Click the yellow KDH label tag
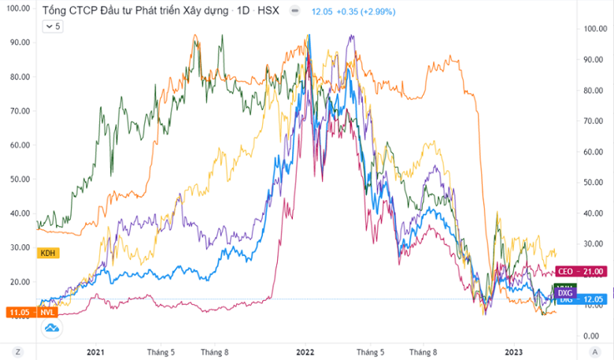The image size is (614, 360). (x=49, y=252)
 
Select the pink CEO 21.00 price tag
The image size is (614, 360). (x=580, y=272)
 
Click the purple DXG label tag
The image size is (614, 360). (x=564, y=293)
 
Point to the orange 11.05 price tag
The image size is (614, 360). (x=18, y=313)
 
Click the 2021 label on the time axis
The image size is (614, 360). (x=95, y=352)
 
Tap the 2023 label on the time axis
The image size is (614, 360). (x=513, y=352)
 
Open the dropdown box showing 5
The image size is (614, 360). (x=52, y=26)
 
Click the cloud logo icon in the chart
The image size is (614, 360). (x=52, y=327)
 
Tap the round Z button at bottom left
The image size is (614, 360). (x=17, y=351)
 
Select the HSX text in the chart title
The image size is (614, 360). (x=266, y=12)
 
